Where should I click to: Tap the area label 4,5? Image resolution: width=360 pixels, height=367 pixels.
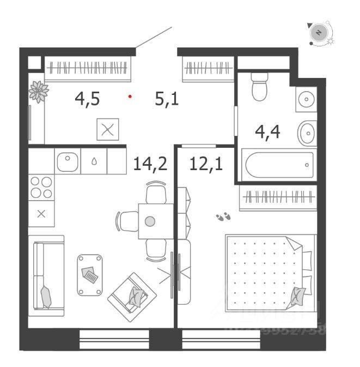pos(87,99)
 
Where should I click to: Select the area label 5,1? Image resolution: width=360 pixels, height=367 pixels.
pos(167,99)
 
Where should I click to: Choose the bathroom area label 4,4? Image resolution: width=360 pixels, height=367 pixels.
pos(268,131)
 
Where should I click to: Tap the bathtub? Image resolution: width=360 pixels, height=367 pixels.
pos(279,165)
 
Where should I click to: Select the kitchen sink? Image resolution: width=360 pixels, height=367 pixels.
pos(68,162)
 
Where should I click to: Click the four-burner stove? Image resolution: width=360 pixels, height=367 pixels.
pos(41,188)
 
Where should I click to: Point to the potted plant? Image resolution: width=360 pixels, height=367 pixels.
pos(38,91)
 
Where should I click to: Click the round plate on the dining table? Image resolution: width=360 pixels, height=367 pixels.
pos(150,221)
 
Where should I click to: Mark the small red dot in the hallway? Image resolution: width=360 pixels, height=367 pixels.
pos(130,97)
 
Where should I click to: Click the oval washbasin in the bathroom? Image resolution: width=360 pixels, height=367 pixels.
pos(307,132)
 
